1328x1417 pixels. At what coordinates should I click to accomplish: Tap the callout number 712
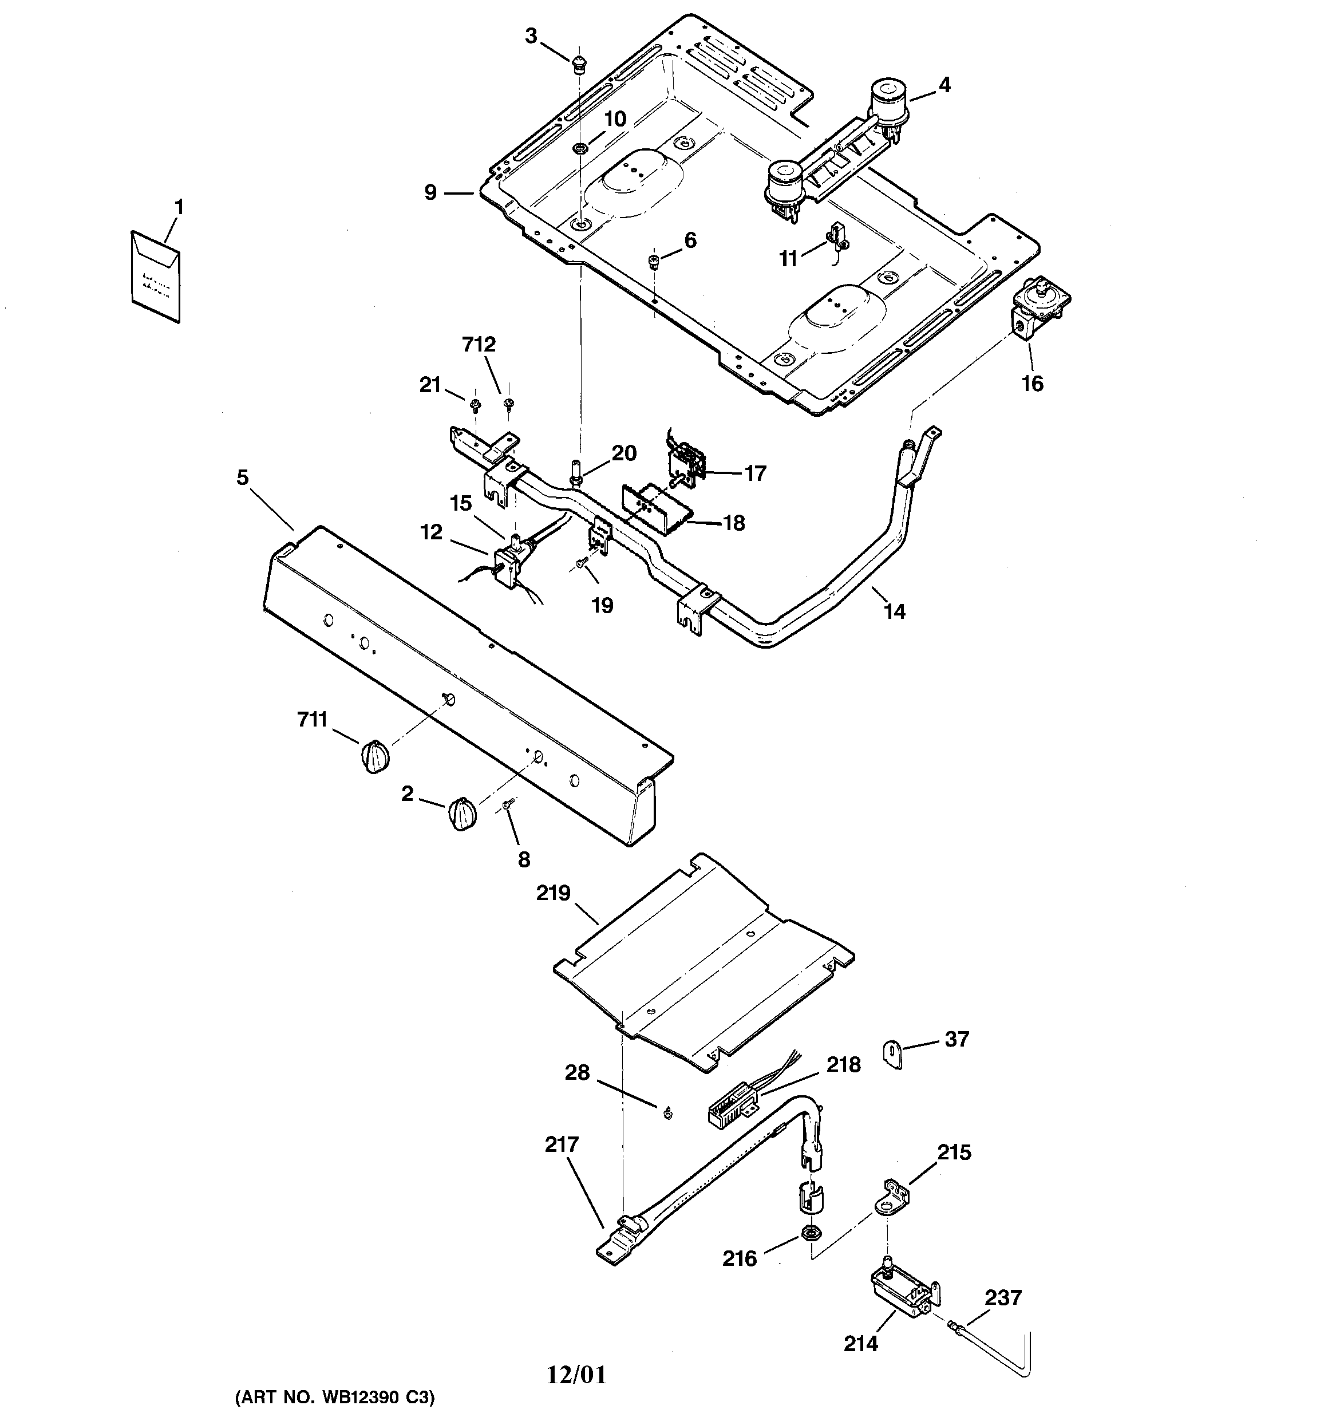click(x=479, y=344)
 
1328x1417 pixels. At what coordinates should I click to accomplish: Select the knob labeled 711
click(x=374, y=756)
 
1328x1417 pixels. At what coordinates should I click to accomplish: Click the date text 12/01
click(x=576, y=1374)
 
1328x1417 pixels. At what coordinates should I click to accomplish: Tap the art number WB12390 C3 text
click(x=334, y=1398)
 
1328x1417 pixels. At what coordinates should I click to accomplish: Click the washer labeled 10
click(x=579, y=148)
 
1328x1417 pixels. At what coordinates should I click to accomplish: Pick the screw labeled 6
click(x=654, y=262)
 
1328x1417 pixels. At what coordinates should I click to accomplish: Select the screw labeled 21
click(x=475, y=405)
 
